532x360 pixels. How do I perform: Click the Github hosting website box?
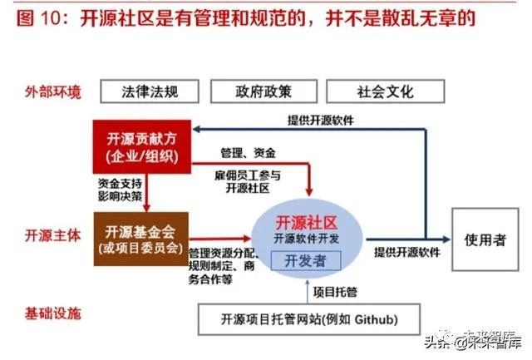pos(308,318)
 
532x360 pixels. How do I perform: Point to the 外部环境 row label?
pos(52,91)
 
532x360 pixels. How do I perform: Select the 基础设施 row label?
pos(52,316)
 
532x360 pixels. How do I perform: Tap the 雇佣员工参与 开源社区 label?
pos(247,181)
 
